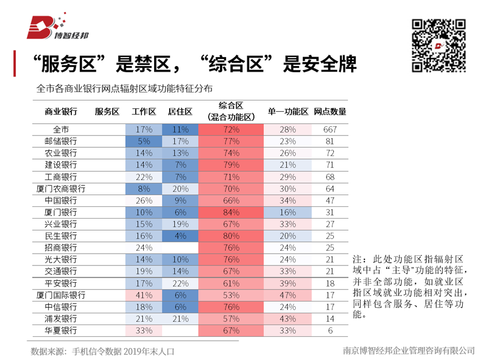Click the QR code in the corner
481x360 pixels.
439,45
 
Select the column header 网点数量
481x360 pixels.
330,112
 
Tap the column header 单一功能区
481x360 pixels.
288,112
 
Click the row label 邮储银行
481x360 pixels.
61,141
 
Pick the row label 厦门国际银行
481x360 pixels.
61,295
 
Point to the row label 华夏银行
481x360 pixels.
61,330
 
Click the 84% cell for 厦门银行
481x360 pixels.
231,212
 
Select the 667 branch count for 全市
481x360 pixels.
330,129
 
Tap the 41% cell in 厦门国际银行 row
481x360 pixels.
144,295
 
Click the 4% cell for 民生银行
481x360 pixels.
180,236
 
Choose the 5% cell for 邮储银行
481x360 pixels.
144,141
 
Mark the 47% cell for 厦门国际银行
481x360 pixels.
288,295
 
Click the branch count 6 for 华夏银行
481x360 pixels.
330,330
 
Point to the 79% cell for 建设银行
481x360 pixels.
231,165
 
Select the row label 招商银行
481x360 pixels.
61,248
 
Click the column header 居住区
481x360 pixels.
180,112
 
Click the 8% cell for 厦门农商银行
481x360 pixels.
144,189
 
